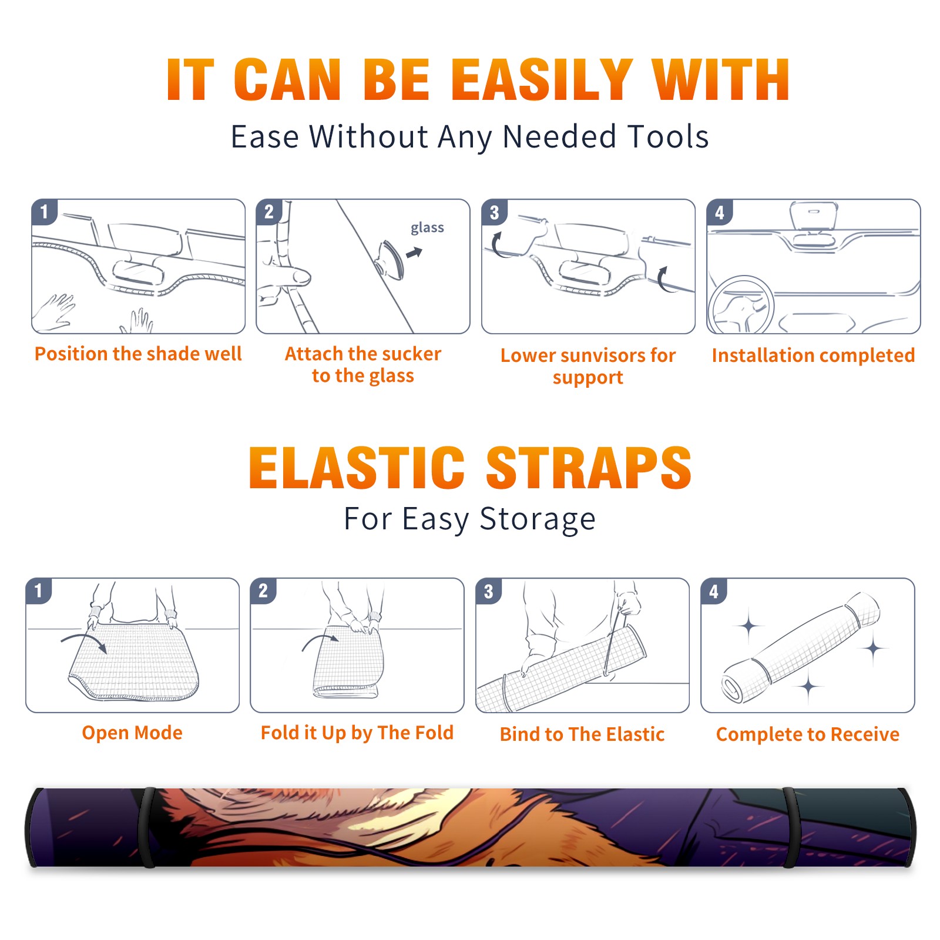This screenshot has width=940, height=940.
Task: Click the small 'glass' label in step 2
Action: coord(427,228)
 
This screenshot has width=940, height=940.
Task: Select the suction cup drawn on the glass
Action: coord(391,259)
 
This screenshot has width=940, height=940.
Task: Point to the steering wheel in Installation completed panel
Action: coord(741,305)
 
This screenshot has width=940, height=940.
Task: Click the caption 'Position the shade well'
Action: coord(138,354)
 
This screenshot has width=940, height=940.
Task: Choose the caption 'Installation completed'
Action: coord(813,355)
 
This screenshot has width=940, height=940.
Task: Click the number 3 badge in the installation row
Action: coord(494,212)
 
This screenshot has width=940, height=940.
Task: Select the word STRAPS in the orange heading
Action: coord(589,468)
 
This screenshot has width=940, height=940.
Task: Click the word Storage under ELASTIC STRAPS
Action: coord(538,519)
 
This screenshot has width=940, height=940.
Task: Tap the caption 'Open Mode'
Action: coord(132,733)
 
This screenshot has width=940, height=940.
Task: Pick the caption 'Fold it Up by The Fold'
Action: coord(357,733)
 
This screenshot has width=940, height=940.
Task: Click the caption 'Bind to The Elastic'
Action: coord(582,734)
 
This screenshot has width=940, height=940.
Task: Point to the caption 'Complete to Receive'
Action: coord(808,734)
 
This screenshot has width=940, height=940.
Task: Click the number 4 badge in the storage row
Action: coord(714,591)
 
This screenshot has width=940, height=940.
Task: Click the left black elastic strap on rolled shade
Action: coord(149,828)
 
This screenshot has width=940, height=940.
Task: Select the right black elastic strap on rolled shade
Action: coord(790,828)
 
